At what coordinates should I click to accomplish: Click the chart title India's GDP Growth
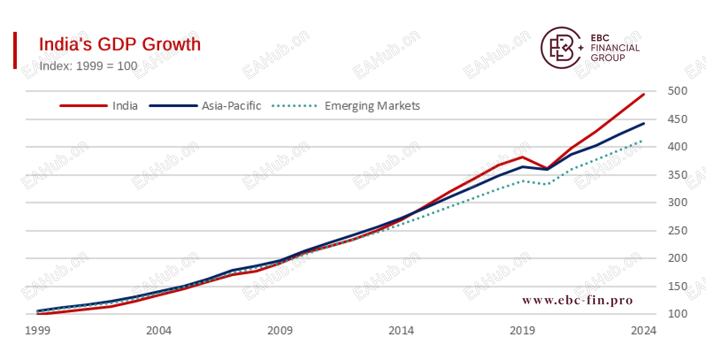click(120, 45)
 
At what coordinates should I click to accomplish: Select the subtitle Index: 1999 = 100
click(88, 66)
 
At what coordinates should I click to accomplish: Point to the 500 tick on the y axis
click(677, 91)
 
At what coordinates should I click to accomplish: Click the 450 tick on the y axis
click(677, 119)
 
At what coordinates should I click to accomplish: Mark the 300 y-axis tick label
click(677, 203)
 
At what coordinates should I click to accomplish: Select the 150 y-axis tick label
click(677, 287)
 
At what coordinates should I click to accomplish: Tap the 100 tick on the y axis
click(677, 314)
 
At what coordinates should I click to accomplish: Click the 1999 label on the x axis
click(38, 331)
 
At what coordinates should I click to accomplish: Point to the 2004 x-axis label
click(159, 331)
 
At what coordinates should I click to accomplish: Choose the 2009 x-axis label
click(280, 331)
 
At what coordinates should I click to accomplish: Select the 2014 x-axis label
click(401, 331)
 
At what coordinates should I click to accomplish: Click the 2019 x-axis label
click(522, 331)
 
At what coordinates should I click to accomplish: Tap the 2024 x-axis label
click(644, 331)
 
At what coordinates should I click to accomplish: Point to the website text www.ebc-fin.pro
click(577, 301)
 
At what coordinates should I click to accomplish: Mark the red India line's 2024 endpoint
click(644, 94)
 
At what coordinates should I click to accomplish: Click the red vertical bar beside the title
click(15, 50)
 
